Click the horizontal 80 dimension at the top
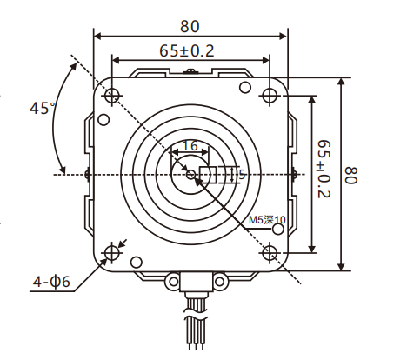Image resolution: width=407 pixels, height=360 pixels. (190, 26)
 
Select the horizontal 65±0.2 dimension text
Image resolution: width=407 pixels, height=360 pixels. (185, 51)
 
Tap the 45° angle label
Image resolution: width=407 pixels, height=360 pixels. (41, 110)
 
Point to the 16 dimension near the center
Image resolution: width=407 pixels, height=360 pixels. (190, 147)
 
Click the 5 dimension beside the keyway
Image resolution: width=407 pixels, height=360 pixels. (243, 174)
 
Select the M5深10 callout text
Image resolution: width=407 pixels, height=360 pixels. (267, 221)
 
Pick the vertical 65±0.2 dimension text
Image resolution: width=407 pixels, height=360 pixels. (323, 171)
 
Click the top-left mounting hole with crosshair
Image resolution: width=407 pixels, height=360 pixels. (111, 94)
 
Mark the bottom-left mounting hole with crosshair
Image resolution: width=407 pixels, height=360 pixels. (111, 253)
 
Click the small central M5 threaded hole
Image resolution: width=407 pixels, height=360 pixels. (191, 174)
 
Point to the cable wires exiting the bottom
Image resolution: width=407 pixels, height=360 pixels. (192, 326)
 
